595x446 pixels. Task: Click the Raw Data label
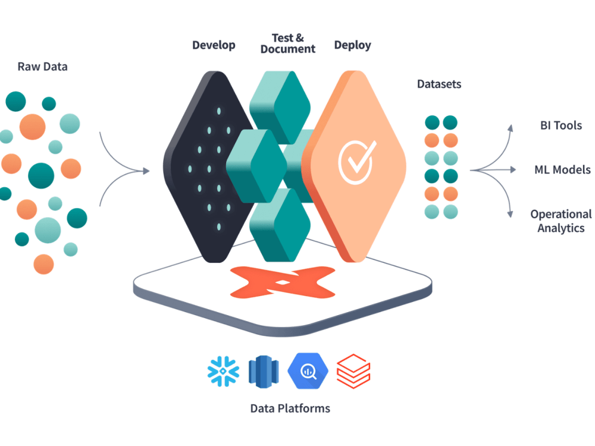coord(42,67)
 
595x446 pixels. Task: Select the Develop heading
coord(214,45)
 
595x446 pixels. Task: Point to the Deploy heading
coord(352,45)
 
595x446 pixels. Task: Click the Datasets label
coord(439,84)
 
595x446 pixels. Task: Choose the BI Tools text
coord(560,125)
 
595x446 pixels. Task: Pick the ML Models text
coord(562,170)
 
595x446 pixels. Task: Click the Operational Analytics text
coord(560,221)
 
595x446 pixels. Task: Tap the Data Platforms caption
coord(290,409)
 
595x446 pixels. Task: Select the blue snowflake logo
coord(223,371)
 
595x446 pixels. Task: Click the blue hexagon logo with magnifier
coord(308,371)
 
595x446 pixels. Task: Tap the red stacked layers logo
coord(353,371)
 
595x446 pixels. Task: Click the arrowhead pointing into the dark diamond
coord(146,171)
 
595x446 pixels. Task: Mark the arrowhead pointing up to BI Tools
coord(509,127)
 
